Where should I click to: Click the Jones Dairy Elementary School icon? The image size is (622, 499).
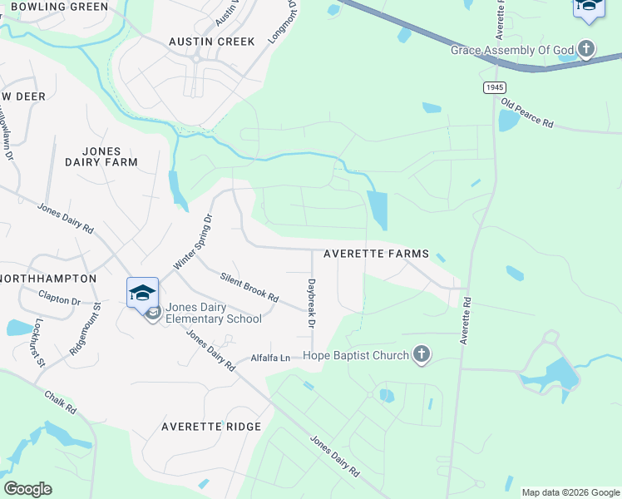pos(142,293)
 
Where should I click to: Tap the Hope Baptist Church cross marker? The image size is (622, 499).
pos(422,355)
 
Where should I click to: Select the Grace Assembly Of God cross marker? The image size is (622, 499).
pos(586,50)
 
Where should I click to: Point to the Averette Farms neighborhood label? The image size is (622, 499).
pos(376,254)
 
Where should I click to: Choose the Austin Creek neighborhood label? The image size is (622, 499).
pos(212,41)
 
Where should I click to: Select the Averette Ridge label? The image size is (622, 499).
pos(211,427)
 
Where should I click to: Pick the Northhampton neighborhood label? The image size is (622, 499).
pos(47,278)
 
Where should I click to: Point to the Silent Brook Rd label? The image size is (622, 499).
pos(249,287)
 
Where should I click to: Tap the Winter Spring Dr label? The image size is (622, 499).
pos(193,242)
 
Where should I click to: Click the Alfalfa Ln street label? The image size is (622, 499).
pos(271,358)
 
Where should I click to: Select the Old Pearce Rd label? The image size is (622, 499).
pos(526,113)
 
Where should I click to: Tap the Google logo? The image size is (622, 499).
pos(27,489)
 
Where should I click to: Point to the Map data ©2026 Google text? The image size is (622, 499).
pos(570,492)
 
